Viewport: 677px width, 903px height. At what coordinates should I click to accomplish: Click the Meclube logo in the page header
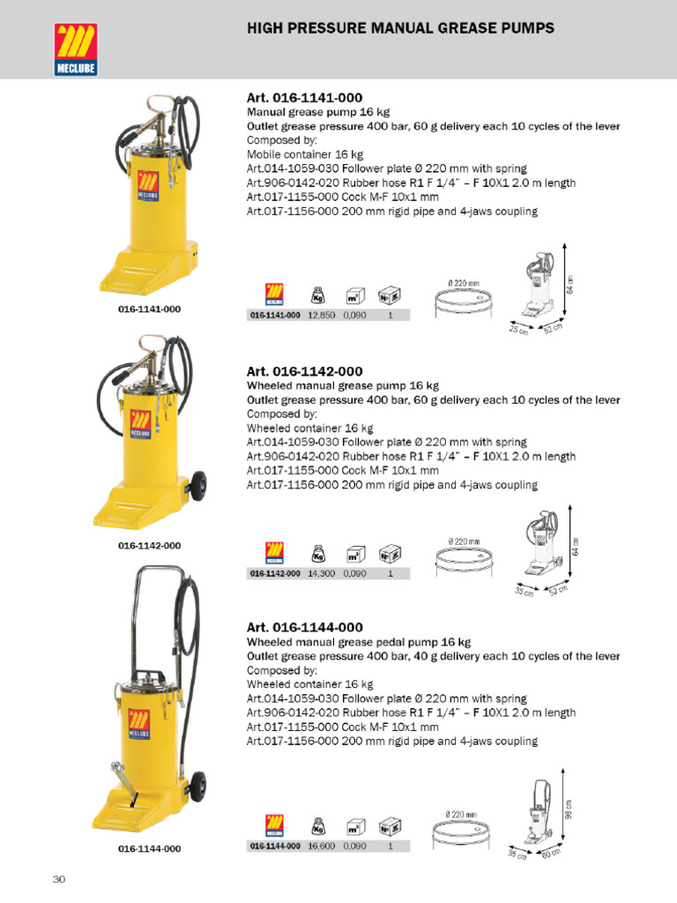click(x=76, y=49)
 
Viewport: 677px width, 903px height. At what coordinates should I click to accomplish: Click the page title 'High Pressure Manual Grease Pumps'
click(x=401, y=28)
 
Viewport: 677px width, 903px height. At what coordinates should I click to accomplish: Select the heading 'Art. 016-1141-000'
click(x=304, y=98)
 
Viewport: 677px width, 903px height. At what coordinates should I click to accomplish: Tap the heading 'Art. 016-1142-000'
click(x=304, y=371)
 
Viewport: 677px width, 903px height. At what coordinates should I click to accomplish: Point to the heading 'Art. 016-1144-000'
click(x=304, y=628)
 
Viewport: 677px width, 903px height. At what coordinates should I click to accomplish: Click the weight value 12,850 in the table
click(x=321, y=315)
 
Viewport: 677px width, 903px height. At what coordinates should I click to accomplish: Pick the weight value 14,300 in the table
click(x=321, y=573)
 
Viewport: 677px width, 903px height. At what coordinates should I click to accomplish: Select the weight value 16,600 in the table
click(x=321, y=846)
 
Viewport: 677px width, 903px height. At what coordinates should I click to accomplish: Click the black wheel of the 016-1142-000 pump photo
click(x=197, y=486)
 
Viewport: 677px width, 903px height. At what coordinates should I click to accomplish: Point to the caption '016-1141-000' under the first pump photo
click(x=149, y=310)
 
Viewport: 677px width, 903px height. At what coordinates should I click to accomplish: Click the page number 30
click(x=59, y=879)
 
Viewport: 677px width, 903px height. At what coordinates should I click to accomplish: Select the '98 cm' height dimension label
click(x=569, y=809)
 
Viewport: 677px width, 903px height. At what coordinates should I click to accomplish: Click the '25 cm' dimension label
click(x=518, y=330)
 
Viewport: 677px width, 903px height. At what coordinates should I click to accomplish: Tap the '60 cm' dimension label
click(x=551, y=853)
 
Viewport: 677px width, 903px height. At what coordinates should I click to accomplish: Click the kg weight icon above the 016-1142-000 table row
click(x=317, y=554)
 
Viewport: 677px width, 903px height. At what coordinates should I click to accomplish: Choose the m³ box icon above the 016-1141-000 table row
click(x=355, y=296)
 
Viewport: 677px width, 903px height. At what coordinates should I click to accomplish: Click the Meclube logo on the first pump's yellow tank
click(x=148, y=186)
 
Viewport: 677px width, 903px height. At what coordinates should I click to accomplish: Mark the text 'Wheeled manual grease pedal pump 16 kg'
click(x=359, y=642)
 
